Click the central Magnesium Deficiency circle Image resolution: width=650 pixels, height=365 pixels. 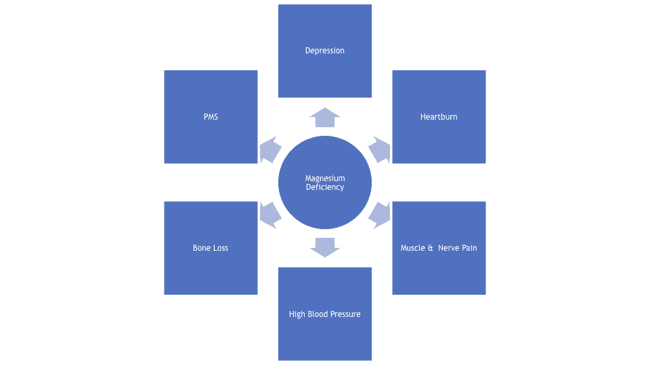coord(325,182)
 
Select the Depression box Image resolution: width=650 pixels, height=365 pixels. coord(325,51)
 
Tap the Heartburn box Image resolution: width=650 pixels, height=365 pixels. coord(439,117)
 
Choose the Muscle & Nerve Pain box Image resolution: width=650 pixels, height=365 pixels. coord(439,248)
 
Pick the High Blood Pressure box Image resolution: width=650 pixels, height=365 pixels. coord(325,314)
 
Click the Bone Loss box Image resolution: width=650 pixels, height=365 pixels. coord(211,248)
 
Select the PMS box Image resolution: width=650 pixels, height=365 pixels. coord(211,117)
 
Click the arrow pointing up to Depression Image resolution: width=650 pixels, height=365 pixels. coord(325,118)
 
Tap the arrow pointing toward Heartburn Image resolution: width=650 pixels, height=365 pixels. coord(380,149)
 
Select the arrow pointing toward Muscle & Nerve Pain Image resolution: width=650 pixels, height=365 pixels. coord(380,215)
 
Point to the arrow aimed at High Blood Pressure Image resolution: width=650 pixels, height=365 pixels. coord(325,247)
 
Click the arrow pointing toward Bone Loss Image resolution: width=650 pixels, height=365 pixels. coord(270,215)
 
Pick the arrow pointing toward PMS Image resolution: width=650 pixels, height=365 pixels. coord(270,149)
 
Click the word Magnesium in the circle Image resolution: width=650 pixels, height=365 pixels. coord(325,178)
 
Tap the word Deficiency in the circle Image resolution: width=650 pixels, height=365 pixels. coord(325,187)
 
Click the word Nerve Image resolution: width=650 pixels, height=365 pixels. coord(448,248)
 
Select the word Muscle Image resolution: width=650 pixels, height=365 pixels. coord(413,248)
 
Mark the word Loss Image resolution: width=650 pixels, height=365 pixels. coord(220,248)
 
